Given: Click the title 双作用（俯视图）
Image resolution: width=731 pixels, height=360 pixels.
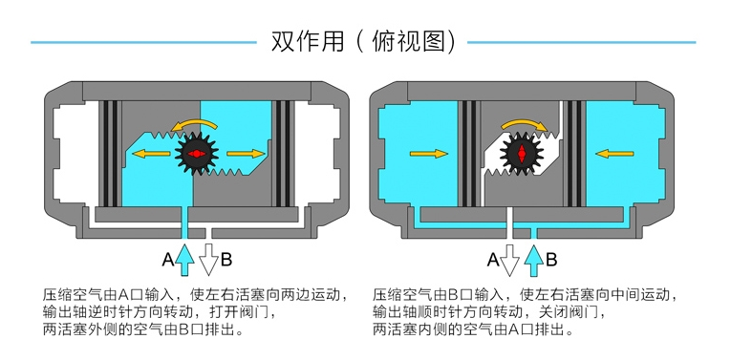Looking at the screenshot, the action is [364, 42].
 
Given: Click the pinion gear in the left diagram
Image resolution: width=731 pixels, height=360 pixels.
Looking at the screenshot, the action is [196, 153].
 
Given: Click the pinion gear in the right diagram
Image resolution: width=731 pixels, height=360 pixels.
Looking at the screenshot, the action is [522, 153].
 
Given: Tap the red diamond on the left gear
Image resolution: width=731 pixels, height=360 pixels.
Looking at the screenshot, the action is [196, 153].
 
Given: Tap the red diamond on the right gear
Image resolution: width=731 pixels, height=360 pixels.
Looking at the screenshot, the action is [522, 153].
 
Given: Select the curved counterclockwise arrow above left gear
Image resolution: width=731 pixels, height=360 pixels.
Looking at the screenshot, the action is [194, 122].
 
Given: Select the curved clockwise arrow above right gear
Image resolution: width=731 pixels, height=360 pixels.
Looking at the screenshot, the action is [524, 122].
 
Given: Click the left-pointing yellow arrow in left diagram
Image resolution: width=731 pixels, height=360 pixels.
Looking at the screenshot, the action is [151, 153].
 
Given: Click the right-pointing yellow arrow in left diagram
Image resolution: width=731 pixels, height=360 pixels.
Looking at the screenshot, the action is [246, 153].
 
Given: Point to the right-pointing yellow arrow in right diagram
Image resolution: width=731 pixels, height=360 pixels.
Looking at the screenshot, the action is [428, 153].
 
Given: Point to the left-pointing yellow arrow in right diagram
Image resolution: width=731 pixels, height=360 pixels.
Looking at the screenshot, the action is [615, 153].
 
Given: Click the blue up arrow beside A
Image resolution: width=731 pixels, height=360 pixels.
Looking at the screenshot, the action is [184, 260].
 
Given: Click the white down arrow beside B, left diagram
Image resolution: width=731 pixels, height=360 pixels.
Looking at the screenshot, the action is [209, 260].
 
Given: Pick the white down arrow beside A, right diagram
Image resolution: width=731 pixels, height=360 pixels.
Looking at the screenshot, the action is [509, 261].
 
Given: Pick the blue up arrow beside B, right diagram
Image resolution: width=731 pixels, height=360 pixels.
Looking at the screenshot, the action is [534, 261].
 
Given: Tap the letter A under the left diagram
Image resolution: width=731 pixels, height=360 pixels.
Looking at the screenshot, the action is [168, 260].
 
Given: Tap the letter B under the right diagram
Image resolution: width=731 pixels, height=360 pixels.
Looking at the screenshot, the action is [551, 260].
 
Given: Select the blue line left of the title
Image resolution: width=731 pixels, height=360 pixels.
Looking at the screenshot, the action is [143, 42].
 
